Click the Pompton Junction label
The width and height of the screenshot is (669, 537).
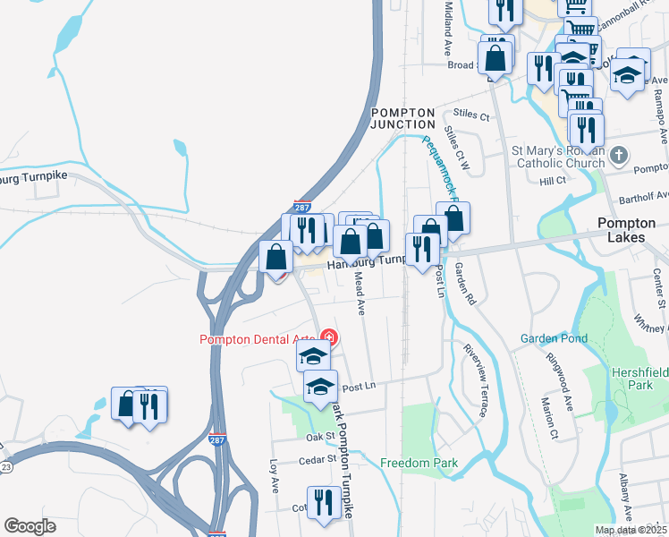tap(403, 118)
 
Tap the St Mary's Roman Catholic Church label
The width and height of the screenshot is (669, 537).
tap(557, 158)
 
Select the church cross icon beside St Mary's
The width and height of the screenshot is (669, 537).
tap(619, 157)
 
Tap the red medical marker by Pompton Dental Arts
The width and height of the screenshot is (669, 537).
tap(329, 338)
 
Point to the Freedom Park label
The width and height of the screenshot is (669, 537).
tap(419, 463)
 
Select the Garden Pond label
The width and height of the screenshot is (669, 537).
tap(555, 338)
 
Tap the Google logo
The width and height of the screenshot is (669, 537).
tap(30, 526)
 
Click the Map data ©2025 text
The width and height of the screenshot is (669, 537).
tap(630, 530)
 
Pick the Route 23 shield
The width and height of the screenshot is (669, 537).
tap(5, 466)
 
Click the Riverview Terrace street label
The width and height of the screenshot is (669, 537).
tap(475, 379)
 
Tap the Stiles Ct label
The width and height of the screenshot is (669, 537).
tap(472, 115)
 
